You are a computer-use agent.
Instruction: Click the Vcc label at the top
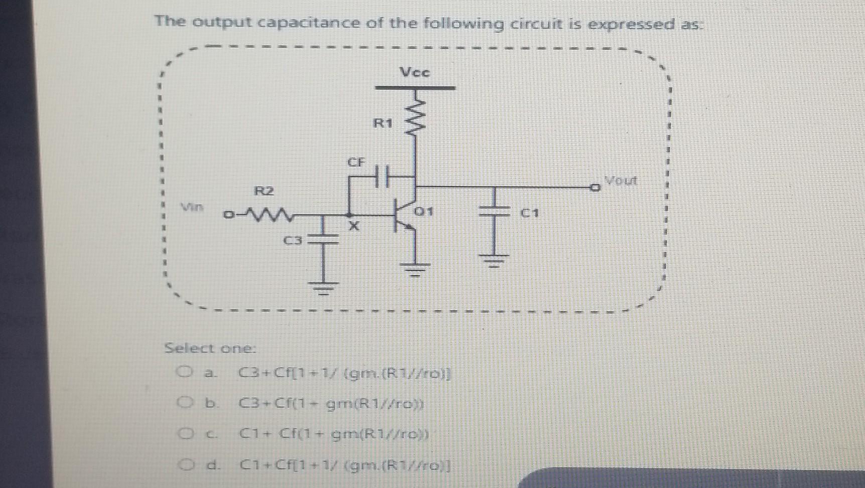[x=415, y=72]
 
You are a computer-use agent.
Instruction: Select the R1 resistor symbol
[x=416, y=118]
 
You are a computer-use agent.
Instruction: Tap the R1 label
[x=383, y=123]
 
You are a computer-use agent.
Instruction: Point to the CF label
[x=357, y=162]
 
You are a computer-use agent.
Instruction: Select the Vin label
[x=192, y=207]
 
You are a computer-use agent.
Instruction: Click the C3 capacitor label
[x=294, y=241]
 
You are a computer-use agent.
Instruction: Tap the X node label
[x=354, y=226]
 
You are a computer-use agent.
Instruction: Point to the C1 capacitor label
[x=529, y=213]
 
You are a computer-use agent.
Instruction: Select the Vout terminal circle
[x=595, y=188]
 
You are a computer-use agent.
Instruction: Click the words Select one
[x=210, y=348]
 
